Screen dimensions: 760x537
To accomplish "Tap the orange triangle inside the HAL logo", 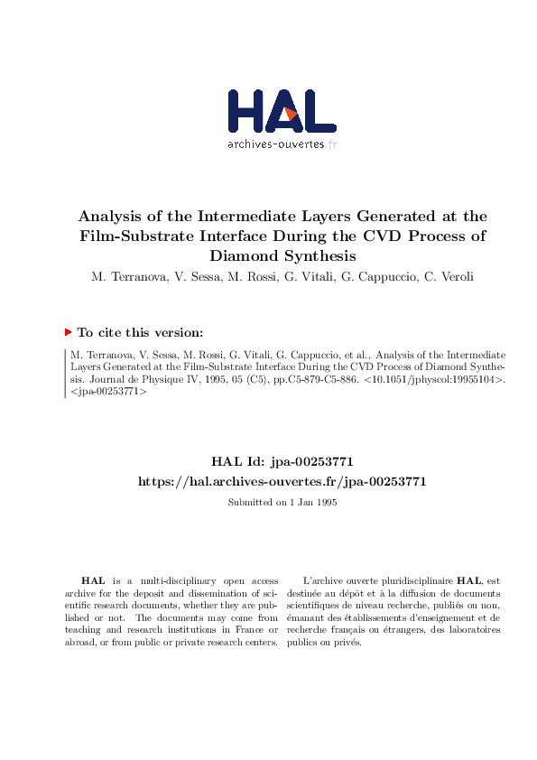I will [x=291, y=114].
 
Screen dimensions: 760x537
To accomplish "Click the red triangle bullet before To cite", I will [x=68, y=332].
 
